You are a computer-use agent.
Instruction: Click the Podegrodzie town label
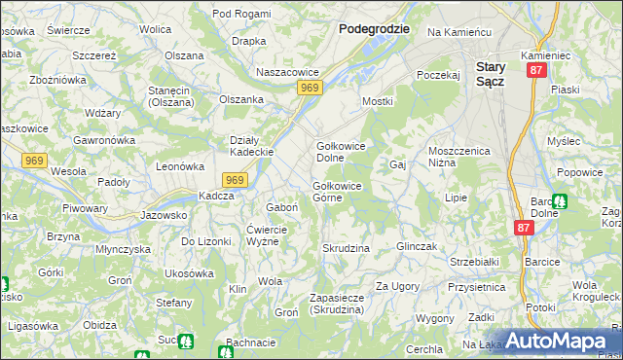point(374,29)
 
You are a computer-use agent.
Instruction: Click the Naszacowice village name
point(287,72)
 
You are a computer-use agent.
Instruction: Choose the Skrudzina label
point(346,248)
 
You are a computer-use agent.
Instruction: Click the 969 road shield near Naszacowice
point(310,89)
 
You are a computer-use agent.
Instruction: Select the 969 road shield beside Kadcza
point(234,180)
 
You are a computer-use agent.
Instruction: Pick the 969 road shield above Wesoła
point(34,160)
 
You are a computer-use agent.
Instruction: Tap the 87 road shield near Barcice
point(525,227)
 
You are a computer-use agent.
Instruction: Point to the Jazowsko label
point(164,215)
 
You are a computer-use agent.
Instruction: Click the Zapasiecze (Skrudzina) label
point(337,304)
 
